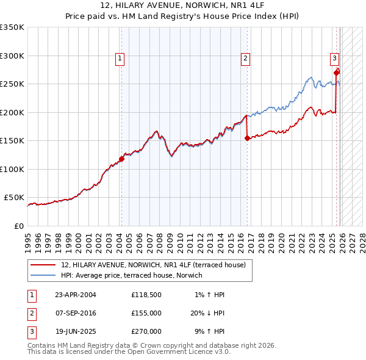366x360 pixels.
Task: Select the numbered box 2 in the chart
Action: coord(245,59)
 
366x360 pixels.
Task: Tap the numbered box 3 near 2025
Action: coord(334,59)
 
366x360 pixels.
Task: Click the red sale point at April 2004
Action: coord(121,159)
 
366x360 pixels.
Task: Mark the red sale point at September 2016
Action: coord(247,139)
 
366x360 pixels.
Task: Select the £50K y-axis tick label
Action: coord(14,198)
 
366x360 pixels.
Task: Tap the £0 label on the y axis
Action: coord(18,226)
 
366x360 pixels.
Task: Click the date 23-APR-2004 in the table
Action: coord(76,295)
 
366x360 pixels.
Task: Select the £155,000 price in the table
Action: coord(146,313)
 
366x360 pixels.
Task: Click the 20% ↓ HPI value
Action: coord(207,313)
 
